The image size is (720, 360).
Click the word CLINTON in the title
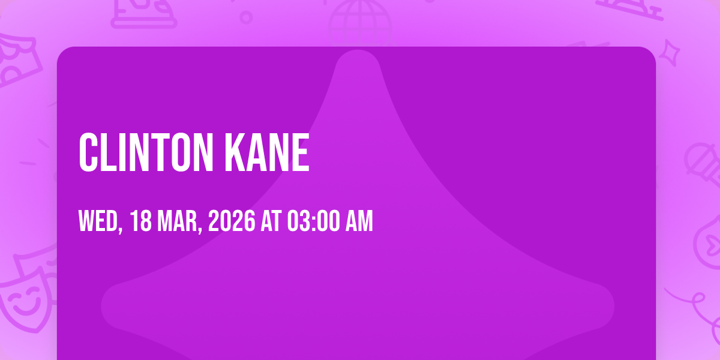coord(146,152)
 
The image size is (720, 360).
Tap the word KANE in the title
coord(267,152)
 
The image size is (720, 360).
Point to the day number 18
coord(141,221)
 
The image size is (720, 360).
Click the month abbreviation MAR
coord(179,221)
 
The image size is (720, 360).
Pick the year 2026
coord(232,221)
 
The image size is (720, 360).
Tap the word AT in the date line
coord(271,221)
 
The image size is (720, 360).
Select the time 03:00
coord(313,221)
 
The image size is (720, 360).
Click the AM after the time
coord(359,221)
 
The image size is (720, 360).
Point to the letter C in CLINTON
coord(88,152)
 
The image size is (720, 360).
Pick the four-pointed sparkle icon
coord(670,53)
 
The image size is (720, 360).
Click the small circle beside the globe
coord(246,17)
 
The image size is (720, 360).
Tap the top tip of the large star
coord(358,50)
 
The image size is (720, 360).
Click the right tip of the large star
coord(613,307)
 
